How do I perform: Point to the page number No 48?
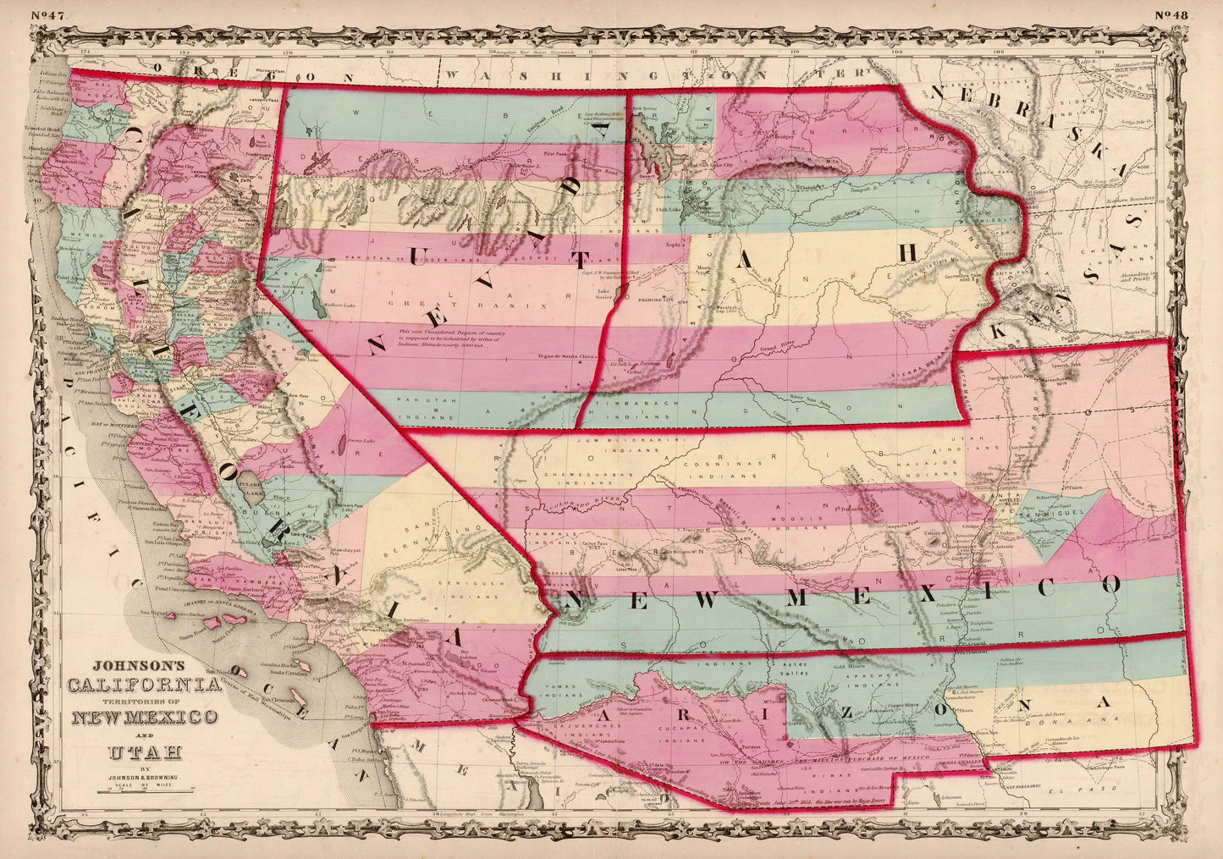click(x=1173, y=16)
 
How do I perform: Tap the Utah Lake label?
click(x=669, y=208)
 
